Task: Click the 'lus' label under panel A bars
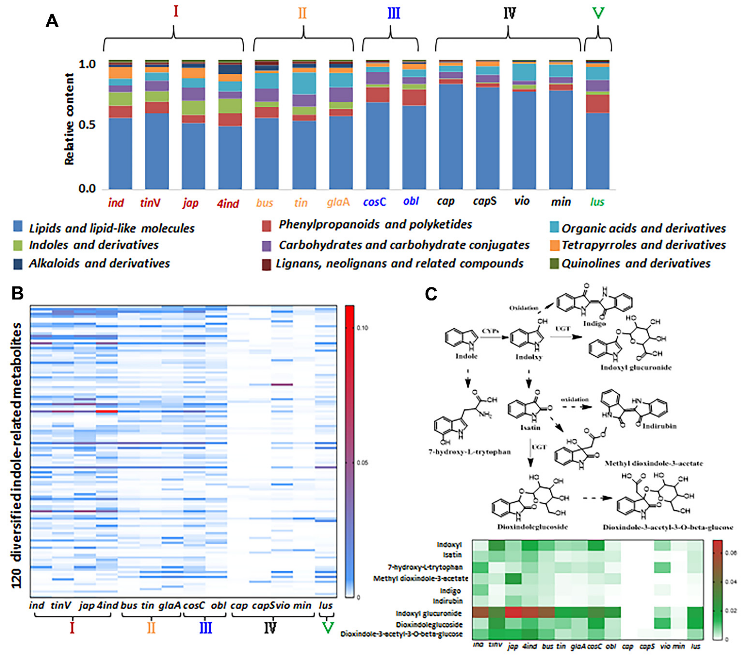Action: (597, 202)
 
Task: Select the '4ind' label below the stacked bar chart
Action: (228, 203)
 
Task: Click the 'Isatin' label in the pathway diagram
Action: (530, 427)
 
